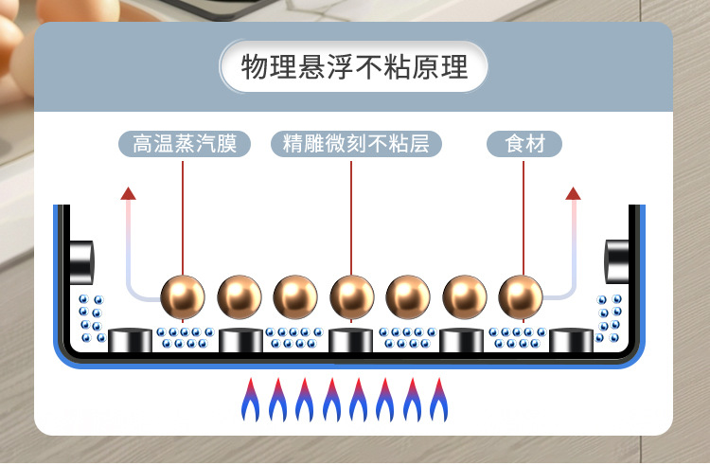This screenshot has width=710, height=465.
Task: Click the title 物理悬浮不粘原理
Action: click(354, 68)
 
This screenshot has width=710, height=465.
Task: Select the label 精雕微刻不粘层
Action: click(350, 144)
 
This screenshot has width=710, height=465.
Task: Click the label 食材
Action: click(524, 144)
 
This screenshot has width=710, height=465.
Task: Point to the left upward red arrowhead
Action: click(129, 193)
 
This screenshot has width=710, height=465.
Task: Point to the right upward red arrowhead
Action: click(573, 193)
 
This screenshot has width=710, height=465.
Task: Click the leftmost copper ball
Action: click(183, 296)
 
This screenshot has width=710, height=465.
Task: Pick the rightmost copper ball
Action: click(522, 296)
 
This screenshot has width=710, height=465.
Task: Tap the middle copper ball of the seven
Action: click(352, 296)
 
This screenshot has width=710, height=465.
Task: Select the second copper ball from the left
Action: click(240, 296)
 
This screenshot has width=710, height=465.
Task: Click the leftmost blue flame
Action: click(250, 401)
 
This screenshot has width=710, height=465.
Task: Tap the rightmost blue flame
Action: click(438, 401)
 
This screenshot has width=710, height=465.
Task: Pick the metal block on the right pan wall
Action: click(619, 258)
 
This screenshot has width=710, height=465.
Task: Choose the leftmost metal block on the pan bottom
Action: click(130, 341)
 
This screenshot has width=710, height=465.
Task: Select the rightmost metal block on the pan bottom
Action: click(573, 341)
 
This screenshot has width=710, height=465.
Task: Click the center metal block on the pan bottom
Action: click(352, 341)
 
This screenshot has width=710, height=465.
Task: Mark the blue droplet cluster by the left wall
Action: click(92, 318)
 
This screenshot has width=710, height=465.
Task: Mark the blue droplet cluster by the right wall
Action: click(609, 318)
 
